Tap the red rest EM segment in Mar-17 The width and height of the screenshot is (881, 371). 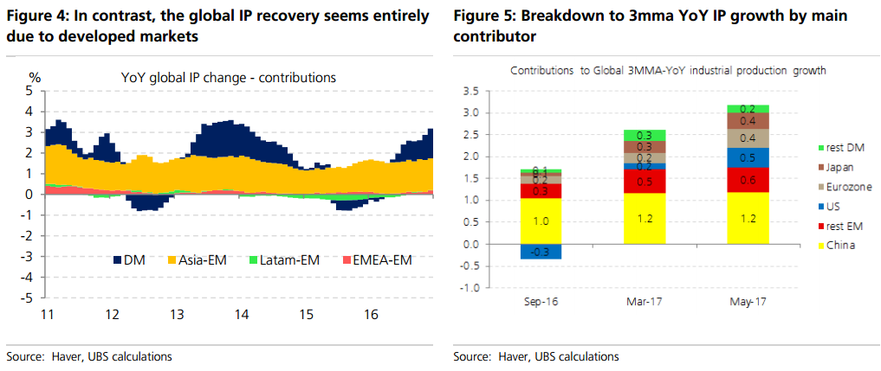point(644,181)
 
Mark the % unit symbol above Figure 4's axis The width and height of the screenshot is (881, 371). point(35,78)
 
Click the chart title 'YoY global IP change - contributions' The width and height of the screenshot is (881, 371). point(229,78)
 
